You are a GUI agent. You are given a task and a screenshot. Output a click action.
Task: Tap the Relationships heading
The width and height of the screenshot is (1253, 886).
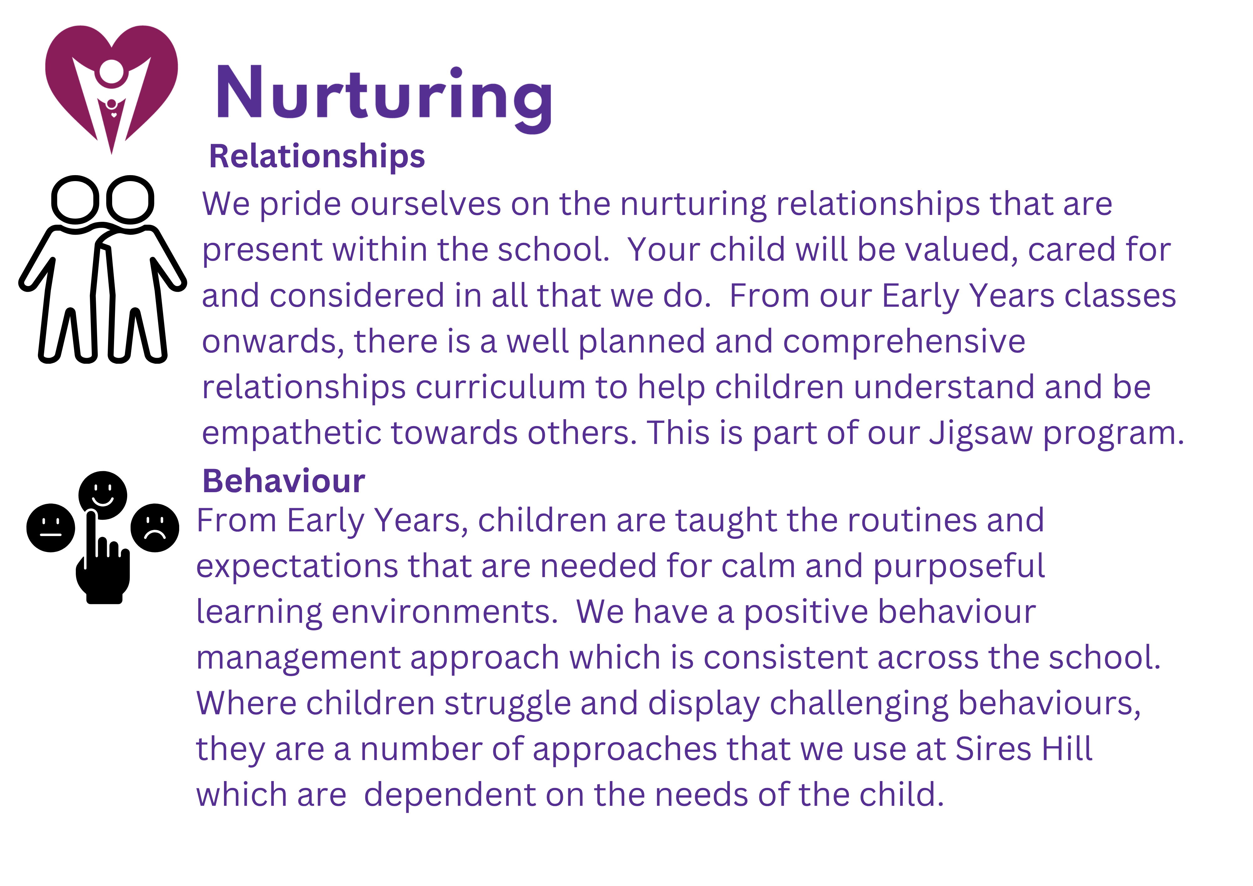[x=316, y=157]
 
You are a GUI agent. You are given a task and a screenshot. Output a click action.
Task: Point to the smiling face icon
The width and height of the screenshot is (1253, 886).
[x=103, y=495]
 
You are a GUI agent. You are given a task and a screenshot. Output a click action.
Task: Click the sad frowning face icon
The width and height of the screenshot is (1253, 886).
[x=155, y=528]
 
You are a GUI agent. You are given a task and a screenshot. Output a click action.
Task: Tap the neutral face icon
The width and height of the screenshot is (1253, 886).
[x=51, y=528]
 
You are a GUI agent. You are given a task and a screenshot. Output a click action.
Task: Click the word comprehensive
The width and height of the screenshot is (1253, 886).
[x=904, y=343]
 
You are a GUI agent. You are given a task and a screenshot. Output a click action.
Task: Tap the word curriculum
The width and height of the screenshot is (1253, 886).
[x=501, y=388]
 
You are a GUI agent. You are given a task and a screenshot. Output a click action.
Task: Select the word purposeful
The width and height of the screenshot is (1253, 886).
[x=959, y=567]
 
